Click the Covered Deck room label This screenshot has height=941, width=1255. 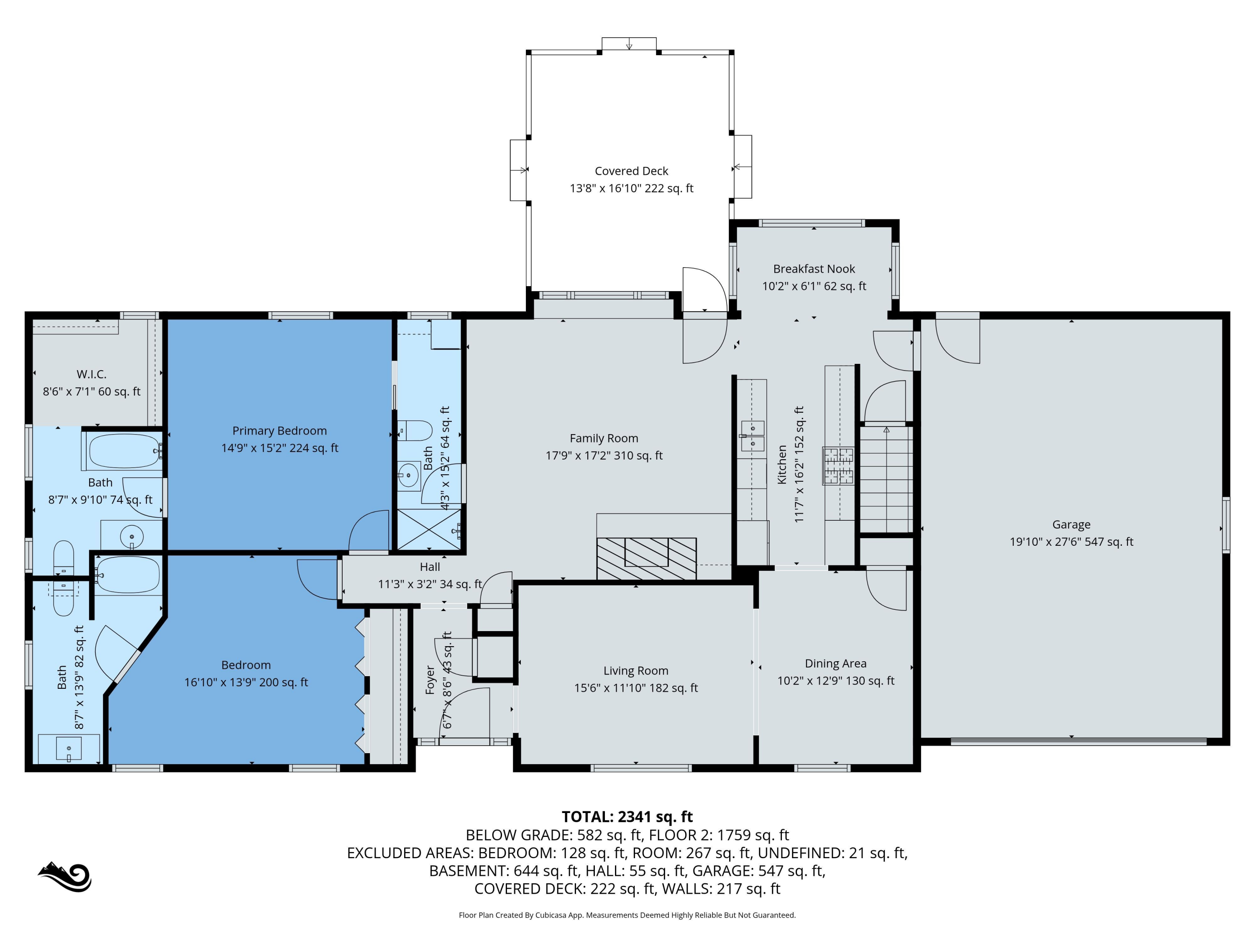(631, 171)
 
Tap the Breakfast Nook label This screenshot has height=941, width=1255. (814, 269)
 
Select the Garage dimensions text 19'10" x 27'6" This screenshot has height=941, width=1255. (1071, 542)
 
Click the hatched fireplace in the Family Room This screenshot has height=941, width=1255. (646, 558)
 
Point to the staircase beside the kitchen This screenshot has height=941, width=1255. (886, 479)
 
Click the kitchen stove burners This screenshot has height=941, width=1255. (838, 465)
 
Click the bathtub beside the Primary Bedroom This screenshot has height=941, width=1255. (124, 451)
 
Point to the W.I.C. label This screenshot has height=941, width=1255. (91, 374)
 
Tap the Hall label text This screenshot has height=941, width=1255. (430, 567)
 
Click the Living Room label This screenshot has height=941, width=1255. (635, 670)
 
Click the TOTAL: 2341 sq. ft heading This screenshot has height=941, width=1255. (627, 816)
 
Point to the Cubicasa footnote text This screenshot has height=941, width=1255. (627, 915)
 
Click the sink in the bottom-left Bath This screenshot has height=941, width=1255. (69, 749)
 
